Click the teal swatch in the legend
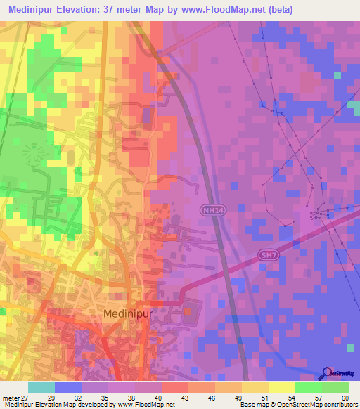click(41, 387)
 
